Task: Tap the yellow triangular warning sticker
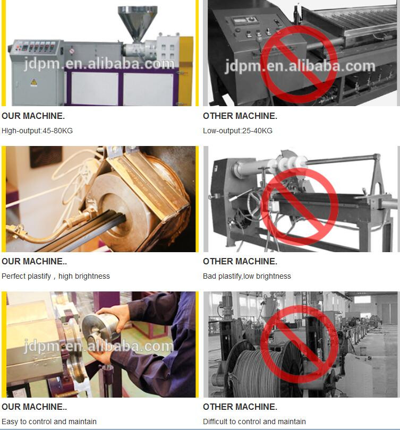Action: [34, 82]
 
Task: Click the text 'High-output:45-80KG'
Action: [37, 131]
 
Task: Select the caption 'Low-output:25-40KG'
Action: [237, 131]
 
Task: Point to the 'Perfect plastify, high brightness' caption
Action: [56, 276]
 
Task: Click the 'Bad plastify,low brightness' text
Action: [247, 276]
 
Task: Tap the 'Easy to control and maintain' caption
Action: [49, 422]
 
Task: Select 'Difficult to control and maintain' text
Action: [254, 422]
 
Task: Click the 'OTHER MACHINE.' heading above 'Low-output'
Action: [240, 116]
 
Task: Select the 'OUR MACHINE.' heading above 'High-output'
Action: [33, 116]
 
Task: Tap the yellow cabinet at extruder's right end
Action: [186, 70]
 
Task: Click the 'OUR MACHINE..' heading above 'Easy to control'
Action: [35, 407]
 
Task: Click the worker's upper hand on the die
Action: [115, 314]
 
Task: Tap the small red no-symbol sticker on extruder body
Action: [72, 51]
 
